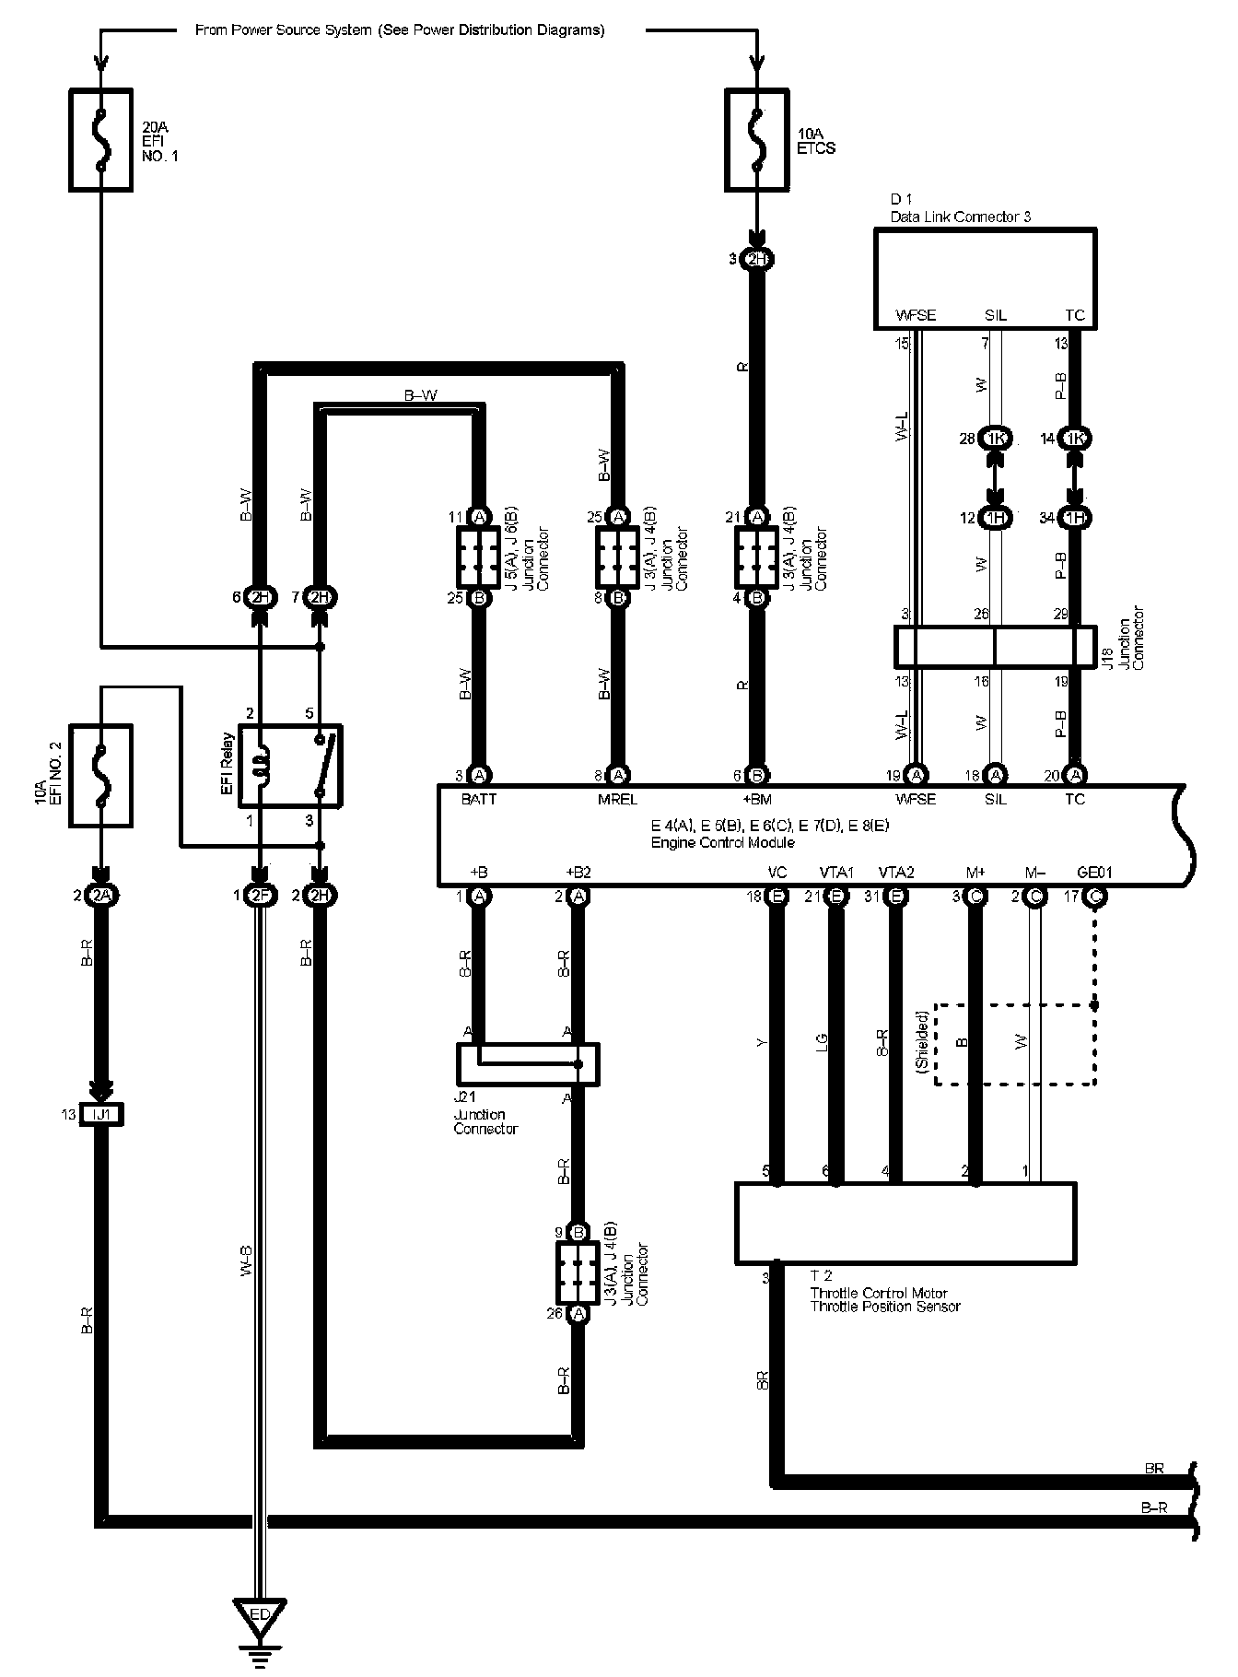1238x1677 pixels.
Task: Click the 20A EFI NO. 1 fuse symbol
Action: click(100, 140)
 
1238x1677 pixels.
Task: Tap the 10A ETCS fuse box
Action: click(757, 140)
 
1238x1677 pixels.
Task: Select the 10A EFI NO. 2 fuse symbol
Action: click(100, 775)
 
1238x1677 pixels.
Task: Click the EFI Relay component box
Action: click(290, 764)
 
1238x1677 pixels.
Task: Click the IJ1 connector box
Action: click(101, 1114)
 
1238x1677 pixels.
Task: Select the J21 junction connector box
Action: click(528, 1063)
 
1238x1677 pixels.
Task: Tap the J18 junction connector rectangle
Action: click(995, 647)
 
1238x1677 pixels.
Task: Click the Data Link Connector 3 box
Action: click(985, 279)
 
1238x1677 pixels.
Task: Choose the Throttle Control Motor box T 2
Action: click(905, 1223)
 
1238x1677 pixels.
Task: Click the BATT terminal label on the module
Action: click(479, 800)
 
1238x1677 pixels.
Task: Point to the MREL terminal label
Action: click(617, 800)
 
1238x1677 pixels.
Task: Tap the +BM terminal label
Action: click(757, 800)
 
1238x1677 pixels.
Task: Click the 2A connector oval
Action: click(101, 896)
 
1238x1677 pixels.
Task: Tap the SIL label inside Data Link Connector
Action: click(995, 315)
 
